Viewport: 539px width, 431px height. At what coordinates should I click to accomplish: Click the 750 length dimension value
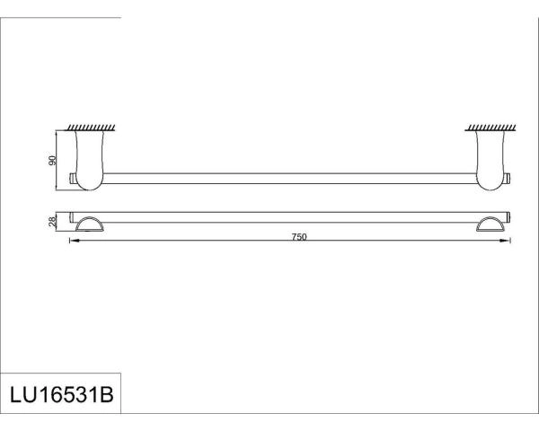point(299,236)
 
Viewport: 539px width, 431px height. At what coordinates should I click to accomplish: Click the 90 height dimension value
point(53,161)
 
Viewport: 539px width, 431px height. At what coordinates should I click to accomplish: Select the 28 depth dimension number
point(53,221)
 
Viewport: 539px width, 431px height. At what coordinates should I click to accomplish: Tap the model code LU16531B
point(60,395)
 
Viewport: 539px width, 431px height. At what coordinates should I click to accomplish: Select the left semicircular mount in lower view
point(90,224)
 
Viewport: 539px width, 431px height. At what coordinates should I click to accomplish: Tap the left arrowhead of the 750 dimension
point(73,242)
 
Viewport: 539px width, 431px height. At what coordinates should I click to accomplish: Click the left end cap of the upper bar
point(73,177)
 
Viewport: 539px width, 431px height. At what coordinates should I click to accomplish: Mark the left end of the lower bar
point(73,216)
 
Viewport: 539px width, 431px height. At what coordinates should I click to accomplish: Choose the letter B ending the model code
point(110,395)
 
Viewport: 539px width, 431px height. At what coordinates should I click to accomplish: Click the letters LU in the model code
point(22,395)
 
